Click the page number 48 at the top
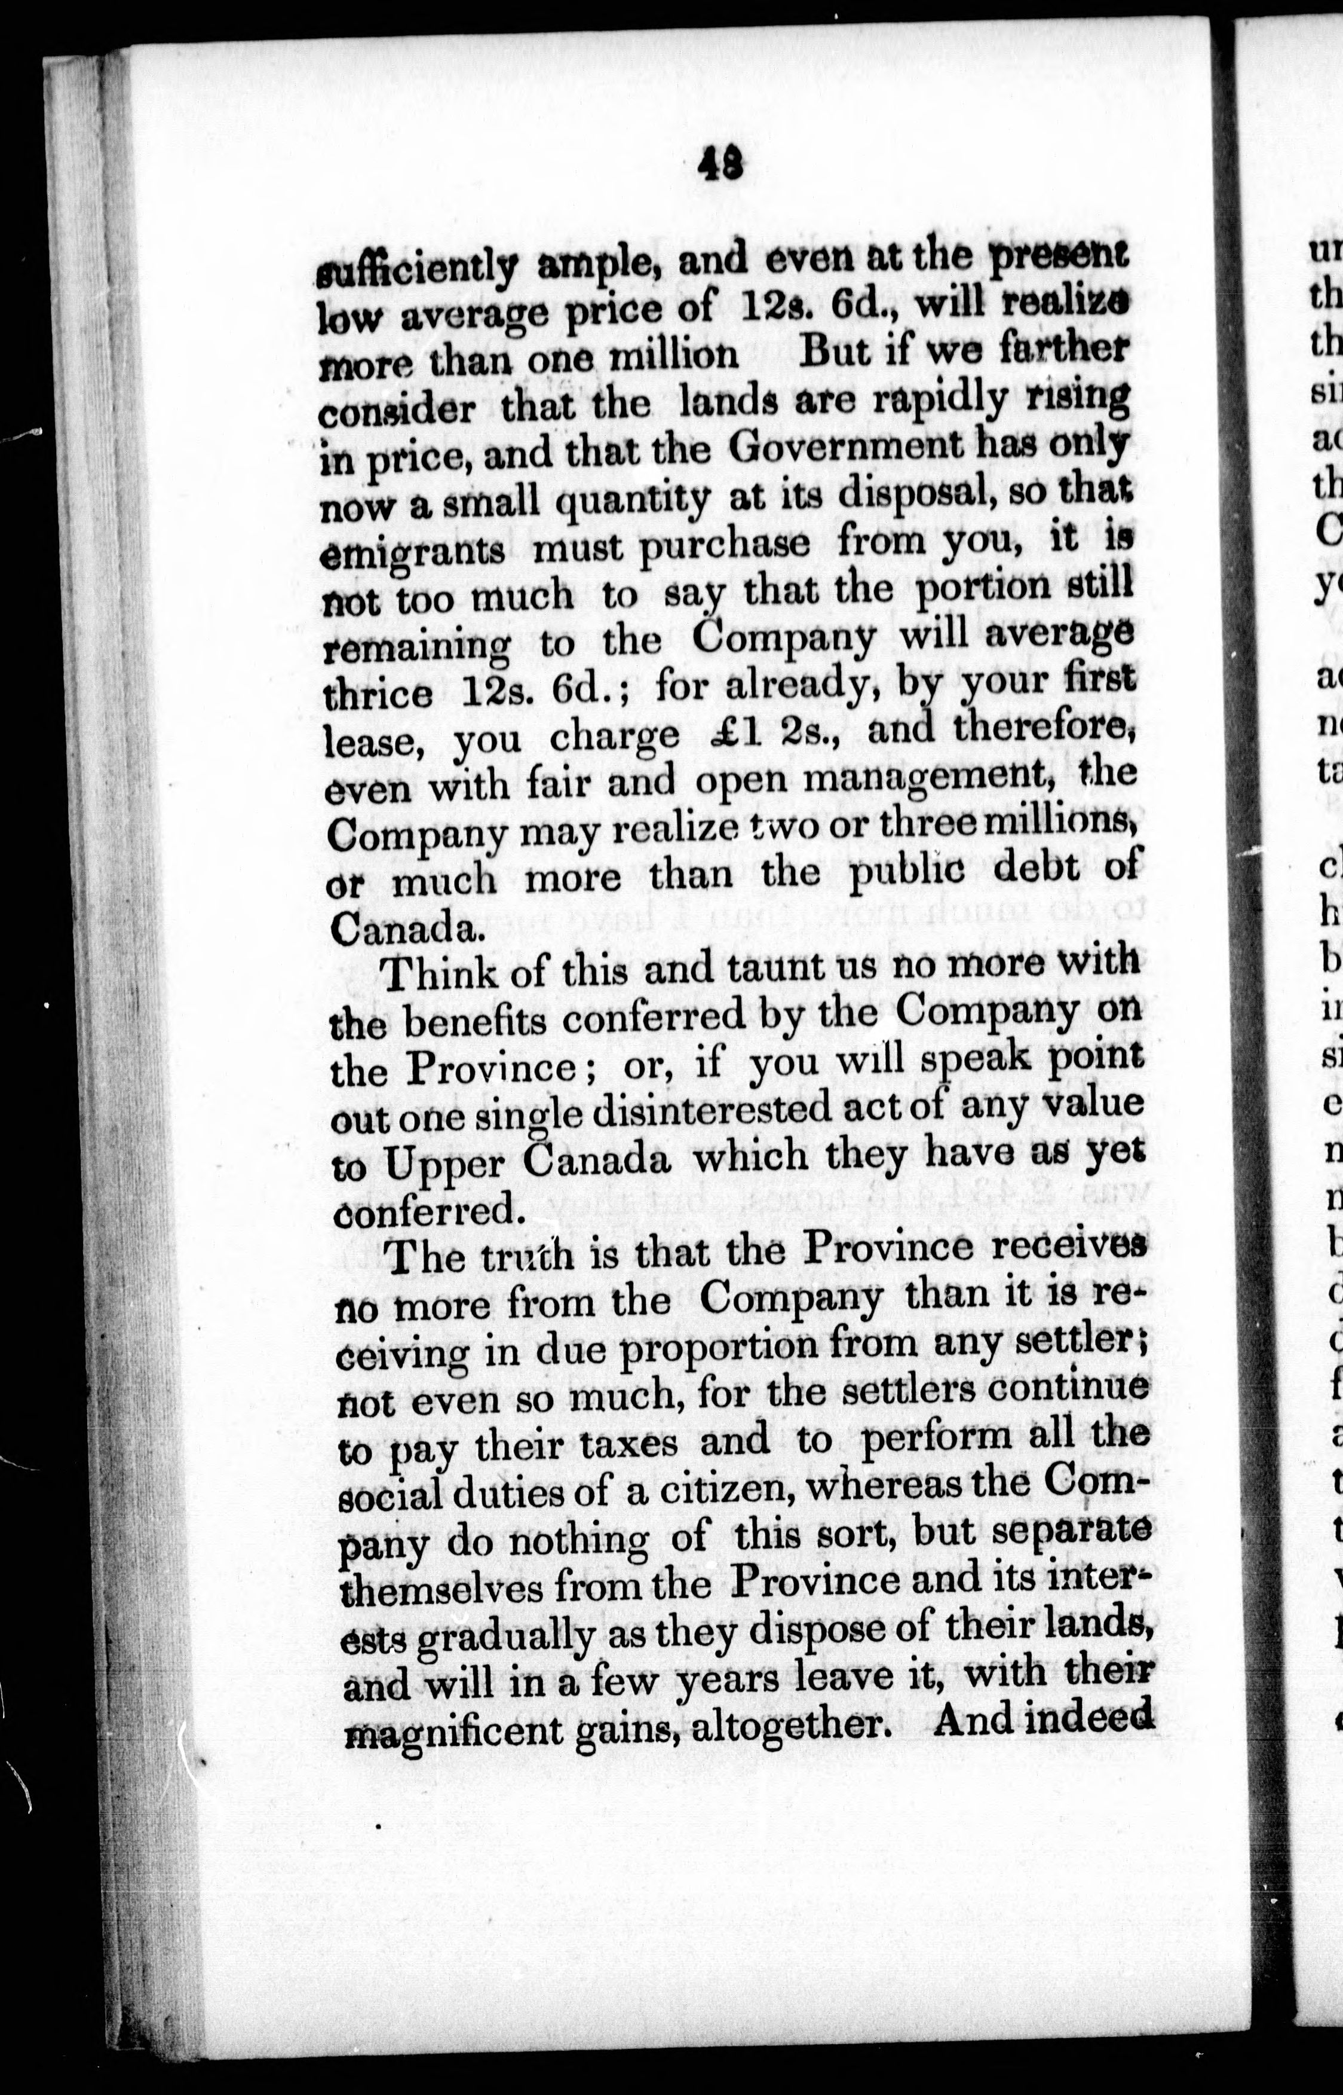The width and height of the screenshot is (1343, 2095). [x=720, y=163]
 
